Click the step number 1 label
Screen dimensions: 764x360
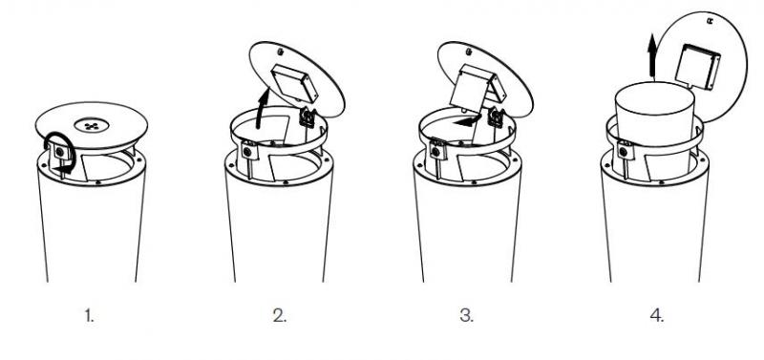pos(89,316)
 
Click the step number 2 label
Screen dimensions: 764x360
pos(280,316)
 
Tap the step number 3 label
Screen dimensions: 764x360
pos(466,316)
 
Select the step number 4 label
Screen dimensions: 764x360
pos(657,316)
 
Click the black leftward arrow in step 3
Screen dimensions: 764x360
pos(467,121)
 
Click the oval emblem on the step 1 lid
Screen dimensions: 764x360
pos(92,125)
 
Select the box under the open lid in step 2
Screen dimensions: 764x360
pos(294,83)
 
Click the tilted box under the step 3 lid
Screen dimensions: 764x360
pos(477,87)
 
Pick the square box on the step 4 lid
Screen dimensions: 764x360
pos(698,67)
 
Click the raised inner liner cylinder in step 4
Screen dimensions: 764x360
pos(654,127)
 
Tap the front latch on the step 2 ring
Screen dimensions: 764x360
pos(247,150)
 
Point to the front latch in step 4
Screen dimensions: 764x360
pos(625,150)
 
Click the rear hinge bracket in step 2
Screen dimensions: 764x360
pos(308,116)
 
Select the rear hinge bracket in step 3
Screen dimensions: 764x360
pos(496,116)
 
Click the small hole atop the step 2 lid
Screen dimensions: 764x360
pos(280,51)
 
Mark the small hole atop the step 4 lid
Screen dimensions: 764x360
pos(710,20)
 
